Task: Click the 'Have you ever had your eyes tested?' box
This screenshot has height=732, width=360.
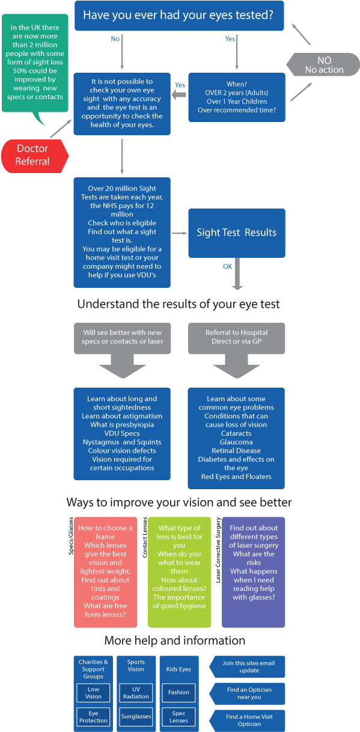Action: [179, 16]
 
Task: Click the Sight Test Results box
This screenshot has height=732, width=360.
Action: [236, 233]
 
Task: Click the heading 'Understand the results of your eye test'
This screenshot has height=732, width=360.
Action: [178, 304]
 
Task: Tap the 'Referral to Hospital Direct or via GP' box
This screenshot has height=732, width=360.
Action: [236, 337]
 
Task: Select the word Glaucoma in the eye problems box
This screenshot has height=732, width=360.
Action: [236, 442]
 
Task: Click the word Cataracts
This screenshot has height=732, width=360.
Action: [236, 433]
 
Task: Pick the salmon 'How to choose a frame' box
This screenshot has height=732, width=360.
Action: [106, 572]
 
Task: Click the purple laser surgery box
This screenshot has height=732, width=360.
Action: [253, 572]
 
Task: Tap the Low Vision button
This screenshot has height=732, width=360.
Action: [94, 693]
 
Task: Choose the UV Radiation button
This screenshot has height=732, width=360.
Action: [136, 693]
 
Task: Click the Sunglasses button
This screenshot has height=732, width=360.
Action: [136, 716]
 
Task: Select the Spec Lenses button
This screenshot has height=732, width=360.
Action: [178, 716]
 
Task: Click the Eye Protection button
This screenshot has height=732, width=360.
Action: [94, 716]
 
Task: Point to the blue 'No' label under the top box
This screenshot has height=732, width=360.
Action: [115, 39]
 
